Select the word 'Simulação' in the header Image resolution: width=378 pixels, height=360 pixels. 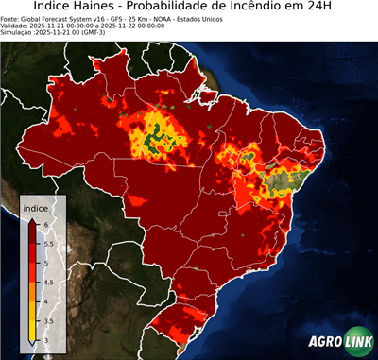coord(17,32)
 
